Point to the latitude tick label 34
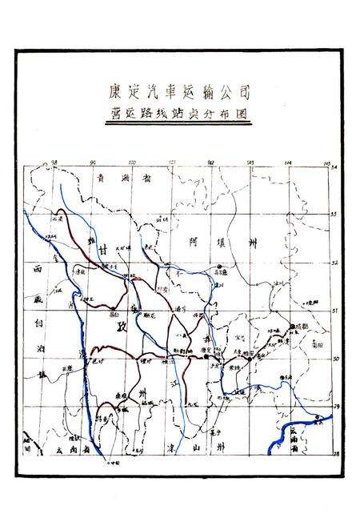[335, 167]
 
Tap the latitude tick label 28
[336, 453]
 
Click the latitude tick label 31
[336, 311]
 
